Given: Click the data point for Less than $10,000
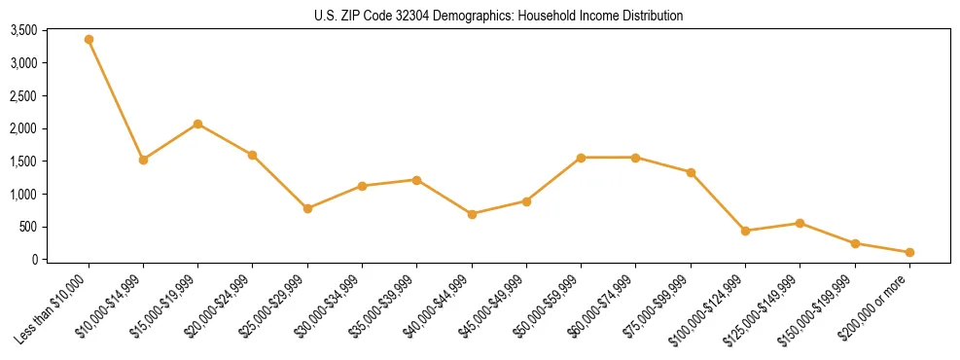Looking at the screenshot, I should click(x=89, y=40).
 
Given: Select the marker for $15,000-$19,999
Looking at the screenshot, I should click(x=198, y=124).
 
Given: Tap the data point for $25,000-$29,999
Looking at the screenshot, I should click(x=307, y=208).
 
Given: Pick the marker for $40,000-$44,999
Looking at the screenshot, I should click(x=472, y=214).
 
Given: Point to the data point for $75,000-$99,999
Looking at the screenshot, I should click(x=691, y=172).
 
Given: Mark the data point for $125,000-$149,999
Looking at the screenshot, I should click(x=800, y=223).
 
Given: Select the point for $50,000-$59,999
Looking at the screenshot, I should click(x=581, y=158).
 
